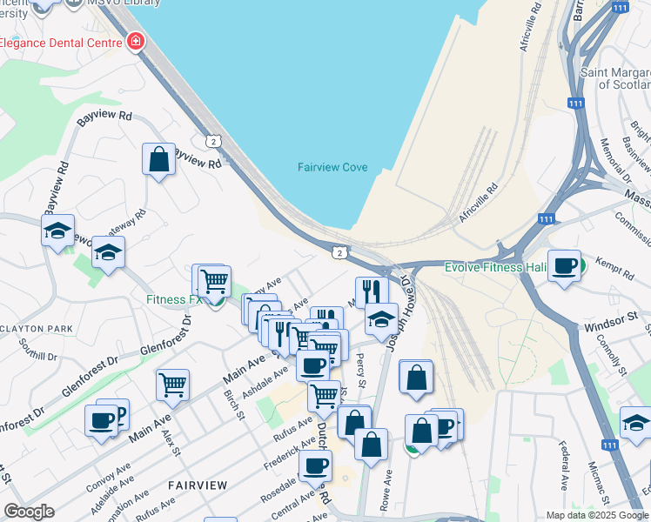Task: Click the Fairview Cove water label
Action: coord(332,167)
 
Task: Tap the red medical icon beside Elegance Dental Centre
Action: coord(136,42)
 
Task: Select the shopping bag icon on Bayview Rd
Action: coord(158,160)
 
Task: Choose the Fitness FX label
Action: coord(174,300)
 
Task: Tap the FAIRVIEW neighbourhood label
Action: coord(198,485)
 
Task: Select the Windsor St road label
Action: coord(606,323)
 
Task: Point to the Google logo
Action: coord(30,512)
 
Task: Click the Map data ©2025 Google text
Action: coord(597,515)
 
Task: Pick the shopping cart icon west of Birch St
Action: coord(173,384)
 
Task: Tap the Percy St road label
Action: coord(360,375)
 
